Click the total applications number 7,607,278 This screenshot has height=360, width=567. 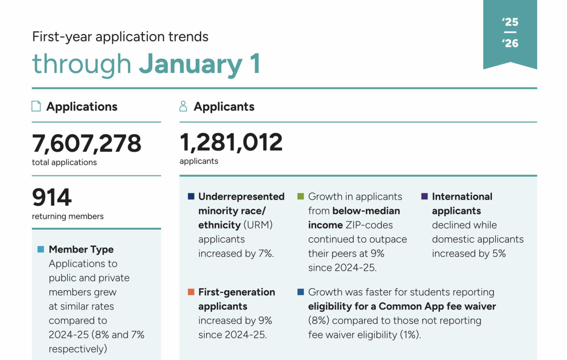(x=87, y=143)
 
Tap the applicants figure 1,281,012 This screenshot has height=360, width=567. (x=231, y=142)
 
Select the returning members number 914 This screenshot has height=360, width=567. (x=52, y=198)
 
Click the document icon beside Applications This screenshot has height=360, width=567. (x=36, y=107)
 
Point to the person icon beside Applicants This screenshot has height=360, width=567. (x=183, y=107)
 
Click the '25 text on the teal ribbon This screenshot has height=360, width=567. (x=510, y=22)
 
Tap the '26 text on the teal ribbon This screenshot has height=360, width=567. (x=510, y=43)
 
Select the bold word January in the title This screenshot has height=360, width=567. (x=191, y=64)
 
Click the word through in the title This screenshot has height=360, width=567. (x=81, y=64)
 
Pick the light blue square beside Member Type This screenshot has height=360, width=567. (x=40, y=249)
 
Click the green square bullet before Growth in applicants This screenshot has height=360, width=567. (x=301, y=197)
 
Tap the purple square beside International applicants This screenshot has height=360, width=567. (x=424, y=197)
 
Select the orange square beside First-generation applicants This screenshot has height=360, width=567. (x=191, y=292)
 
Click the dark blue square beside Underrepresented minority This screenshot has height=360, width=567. (x=191, y=197)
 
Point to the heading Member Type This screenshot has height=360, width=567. (x=81, y=249)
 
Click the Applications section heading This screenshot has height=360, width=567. (x=82, y=107)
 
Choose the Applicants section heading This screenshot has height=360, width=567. (x=224, y=107)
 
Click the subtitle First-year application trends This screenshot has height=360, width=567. (x=120, y=37)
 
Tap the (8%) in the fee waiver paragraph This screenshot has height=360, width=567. (x=318, y=321)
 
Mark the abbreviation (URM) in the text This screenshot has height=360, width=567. (x=258, y=225)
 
